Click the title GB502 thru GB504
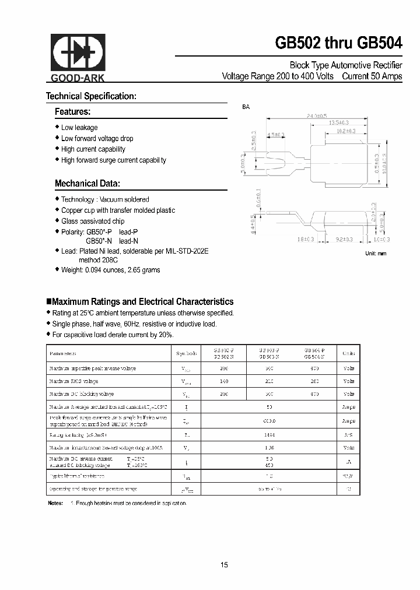338,44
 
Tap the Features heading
72,111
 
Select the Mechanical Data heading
87,184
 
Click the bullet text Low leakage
79,128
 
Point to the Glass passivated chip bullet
93,222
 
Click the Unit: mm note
376,254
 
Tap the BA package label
246,107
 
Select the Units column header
348,354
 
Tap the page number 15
225,565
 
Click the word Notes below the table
55,503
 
